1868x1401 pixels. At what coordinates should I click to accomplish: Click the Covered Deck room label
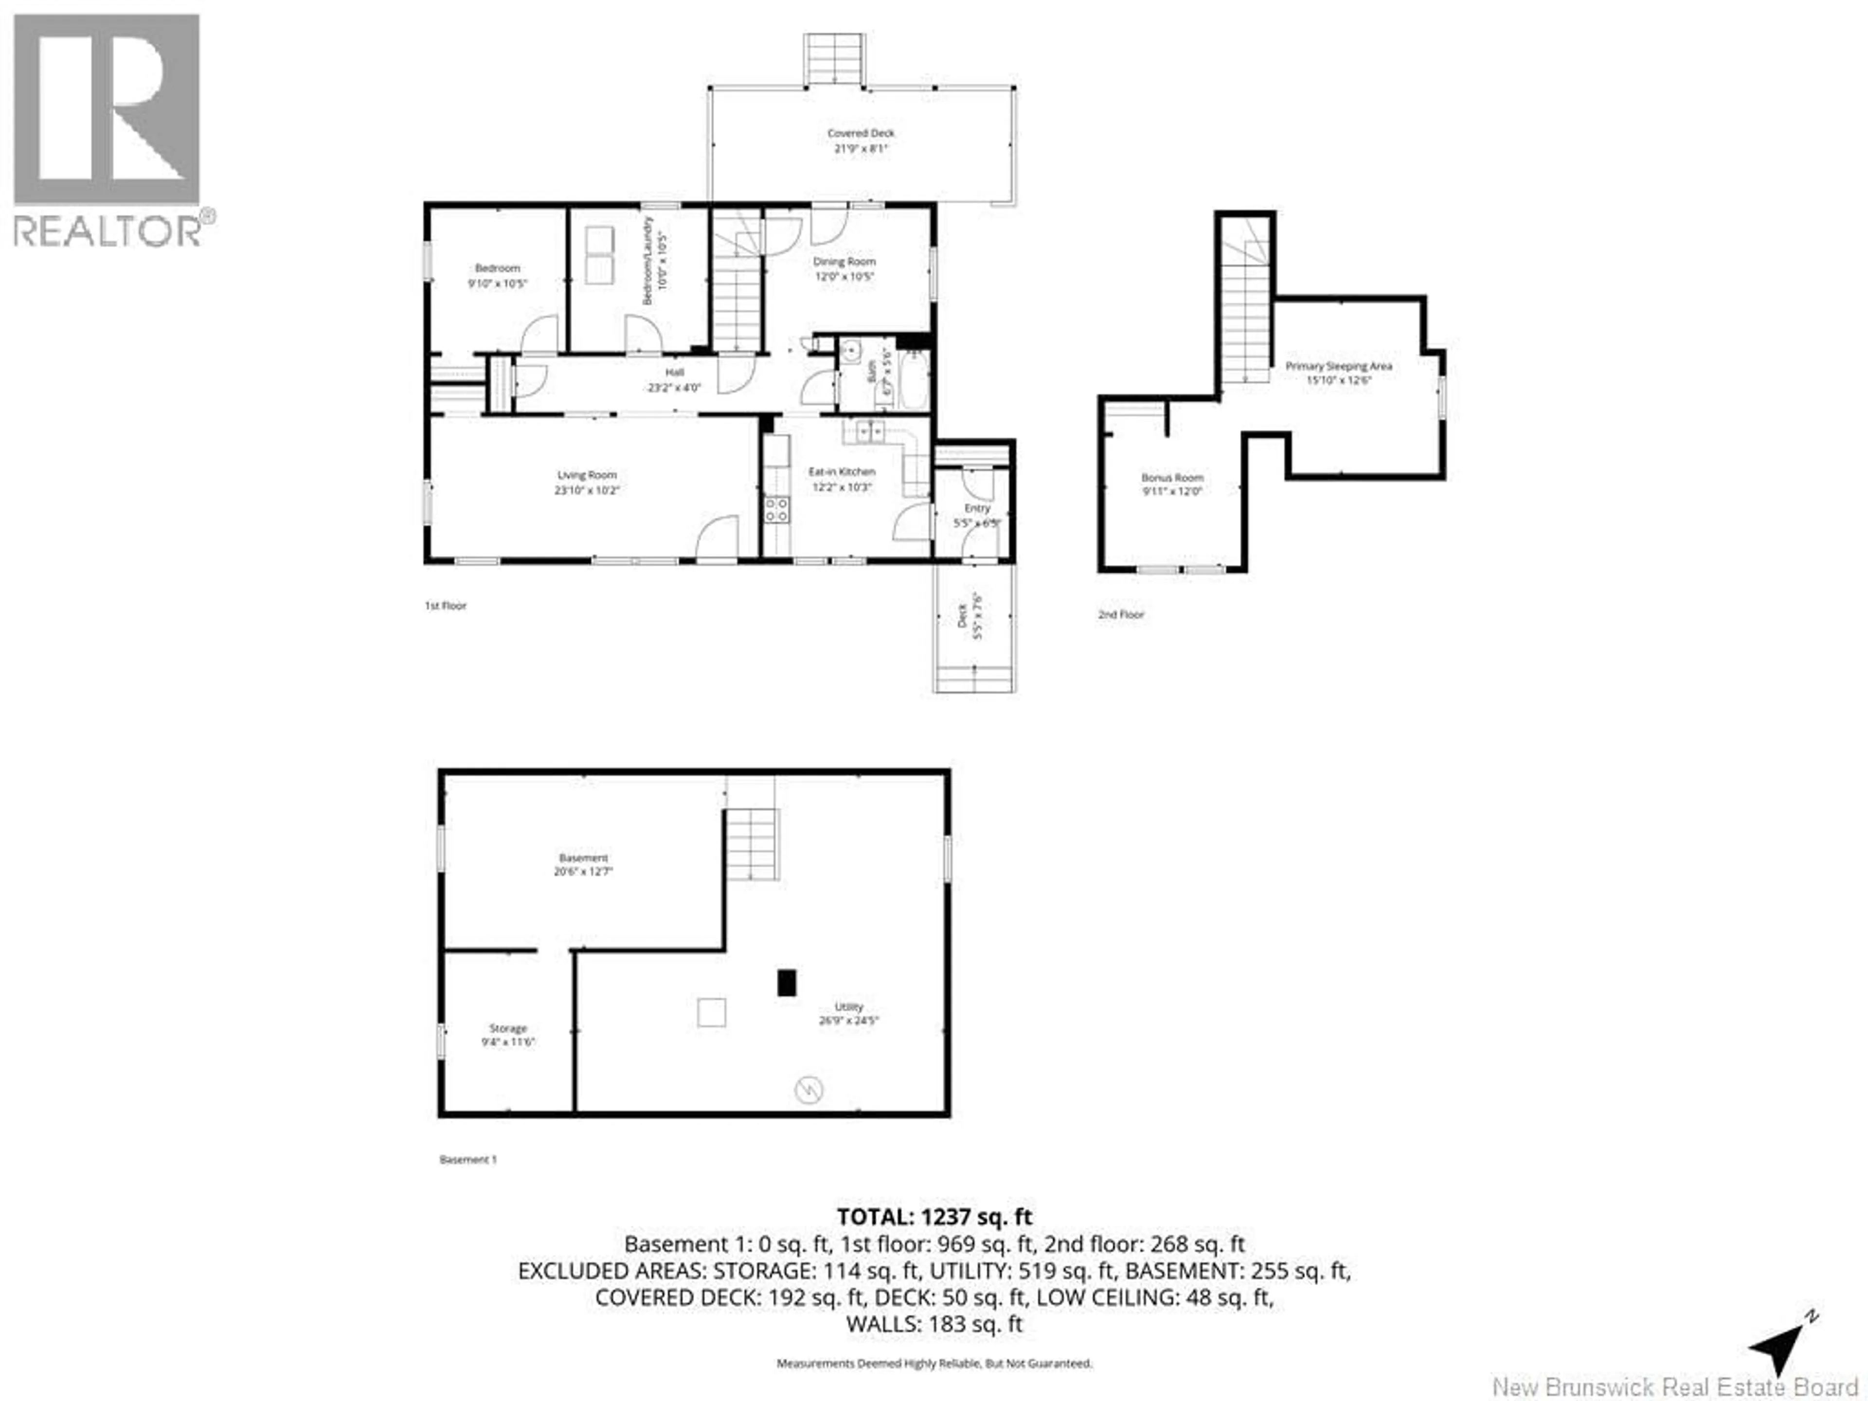tap(861, 133)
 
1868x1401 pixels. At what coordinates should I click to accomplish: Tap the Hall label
tap(674, 373)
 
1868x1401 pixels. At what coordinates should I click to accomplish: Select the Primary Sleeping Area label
tap(1339, 366)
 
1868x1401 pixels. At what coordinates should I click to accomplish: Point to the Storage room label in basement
tap(507, 1028)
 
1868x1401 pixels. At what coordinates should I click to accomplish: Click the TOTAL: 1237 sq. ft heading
tap(934, 1217)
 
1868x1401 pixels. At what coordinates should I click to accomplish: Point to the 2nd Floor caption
tap(1121, 615)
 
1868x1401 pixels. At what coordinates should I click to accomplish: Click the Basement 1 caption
tap(468, 1160)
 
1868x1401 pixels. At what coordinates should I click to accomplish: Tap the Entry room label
tap(977, 508)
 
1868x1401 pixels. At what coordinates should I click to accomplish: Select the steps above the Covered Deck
tap(834, 59)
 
